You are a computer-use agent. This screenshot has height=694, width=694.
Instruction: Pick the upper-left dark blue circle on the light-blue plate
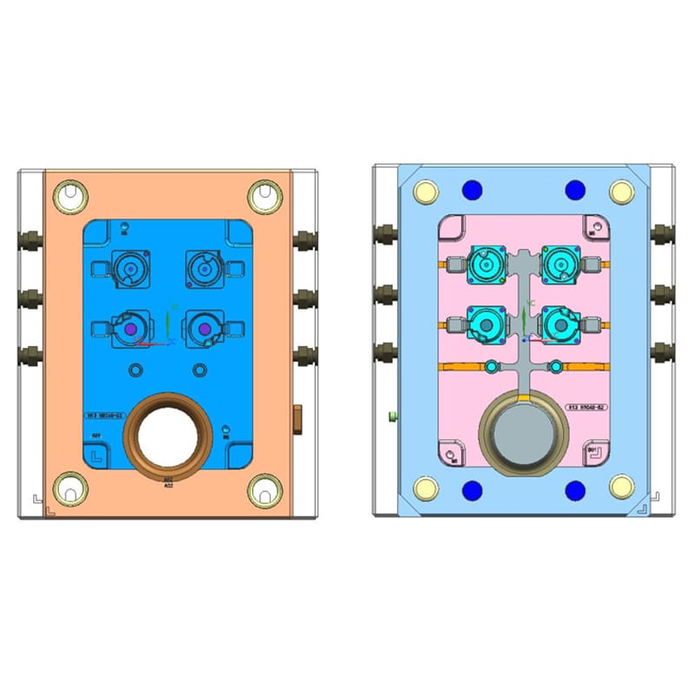pos(473,190)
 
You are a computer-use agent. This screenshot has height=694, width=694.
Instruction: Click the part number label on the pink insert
pos(586,406)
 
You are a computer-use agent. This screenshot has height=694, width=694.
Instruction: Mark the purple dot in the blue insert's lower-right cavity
pos(205,331)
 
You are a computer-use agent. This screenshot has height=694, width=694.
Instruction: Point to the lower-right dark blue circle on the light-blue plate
pos(574,491)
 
